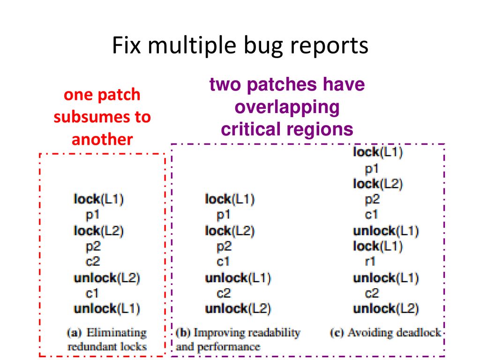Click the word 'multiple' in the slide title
[192, 46]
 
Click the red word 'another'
[102, 140]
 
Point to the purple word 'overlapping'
[287, 107]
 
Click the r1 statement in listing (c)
[370, 262]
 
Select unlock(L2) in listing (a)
[106, 278]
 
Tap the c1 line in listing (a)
[92, 293]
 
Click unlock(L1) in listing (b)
[238, 278]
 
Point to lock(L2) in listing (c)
[378, 184]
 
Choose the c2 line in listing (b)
[224, 293]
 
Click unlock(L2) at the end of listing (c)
[386, 308]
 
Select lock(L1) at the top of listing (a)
[98, 199]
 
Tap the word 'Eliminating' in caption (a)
[117, 333]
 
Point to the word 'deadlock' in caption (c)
[417, 332]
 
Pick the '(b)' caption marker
[183, 333]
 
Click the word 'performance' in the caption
[229, 347]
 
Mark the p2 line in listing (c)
[372, 200]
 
